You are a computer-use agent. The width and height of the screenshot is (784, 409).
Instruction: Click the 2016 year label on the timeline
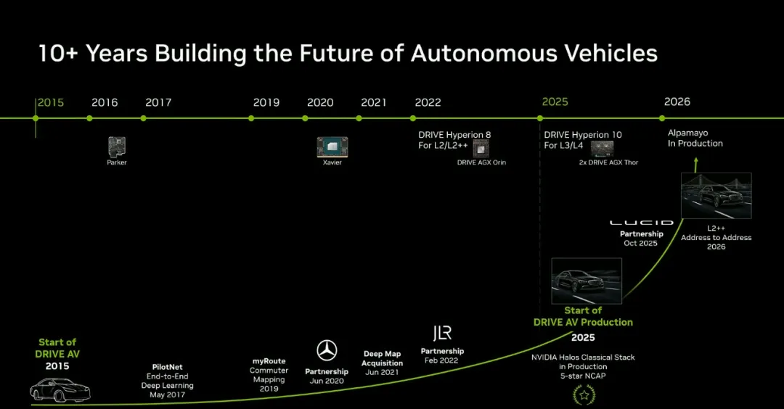[x=105, y=102]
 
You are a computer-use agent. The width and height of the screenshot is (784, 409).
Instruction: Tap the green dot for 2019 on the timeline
[x=251, y=118]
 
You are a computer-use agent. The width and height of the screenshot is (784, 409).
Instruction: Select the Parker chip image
[x=116, y=146]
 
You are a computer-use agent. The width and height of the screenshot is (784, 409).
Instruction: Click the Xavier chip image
[x=332, y=146]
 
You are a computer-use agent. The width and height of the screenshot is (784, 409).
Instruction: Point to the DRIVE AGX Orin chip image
[x=481, y=149]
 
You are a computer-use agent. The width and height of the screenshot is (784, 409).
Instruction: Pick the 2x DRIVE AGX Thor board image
[x=603, y=149]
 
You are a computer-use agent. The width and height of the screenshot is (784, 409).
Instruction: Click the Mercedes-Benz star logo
[x=327, y=350]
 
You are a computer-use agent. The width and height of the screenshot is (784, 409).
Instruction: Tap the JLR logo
[x=442, y=333]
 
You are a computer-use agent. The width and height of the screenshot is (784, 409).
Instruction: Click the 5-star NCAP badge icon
[x=582, y=394]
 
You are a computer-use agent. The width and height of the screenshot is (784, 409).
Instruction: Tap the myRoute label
[x=269, y=361]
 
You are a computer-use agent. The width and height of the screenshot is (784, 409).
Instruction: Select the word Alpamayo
[x=687, y=133]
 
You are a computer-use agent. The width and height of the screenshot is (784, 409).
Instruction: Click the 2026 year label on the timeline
[x=677, y=102]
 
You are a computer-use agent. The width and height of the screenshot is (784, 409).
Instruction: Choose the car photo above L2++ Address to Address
[x=716, y=196]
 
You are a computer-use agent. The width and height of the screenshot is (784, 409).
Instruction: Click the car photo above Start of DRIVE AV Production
[x=587, y=281]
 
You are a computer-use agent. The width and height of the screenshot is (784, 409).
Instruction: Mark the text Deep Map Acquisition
[x=383, y=358]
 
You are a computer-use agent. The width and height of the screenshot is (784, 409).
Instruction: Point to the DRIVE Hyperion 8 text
[x=454, y=135]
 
